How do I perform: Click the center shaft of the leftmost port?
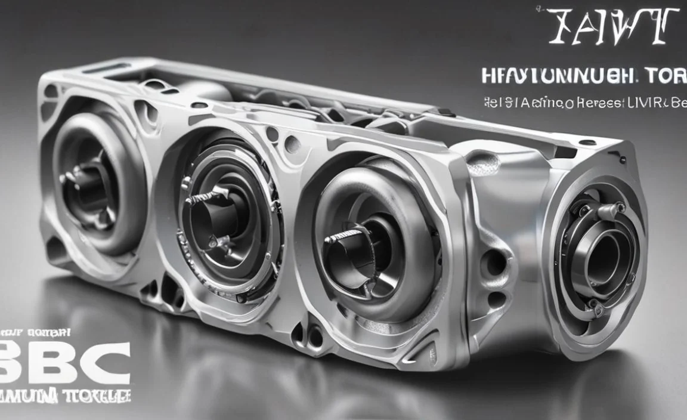coord(89,179)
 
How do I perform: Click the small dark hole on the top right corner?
coord(587,142)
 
